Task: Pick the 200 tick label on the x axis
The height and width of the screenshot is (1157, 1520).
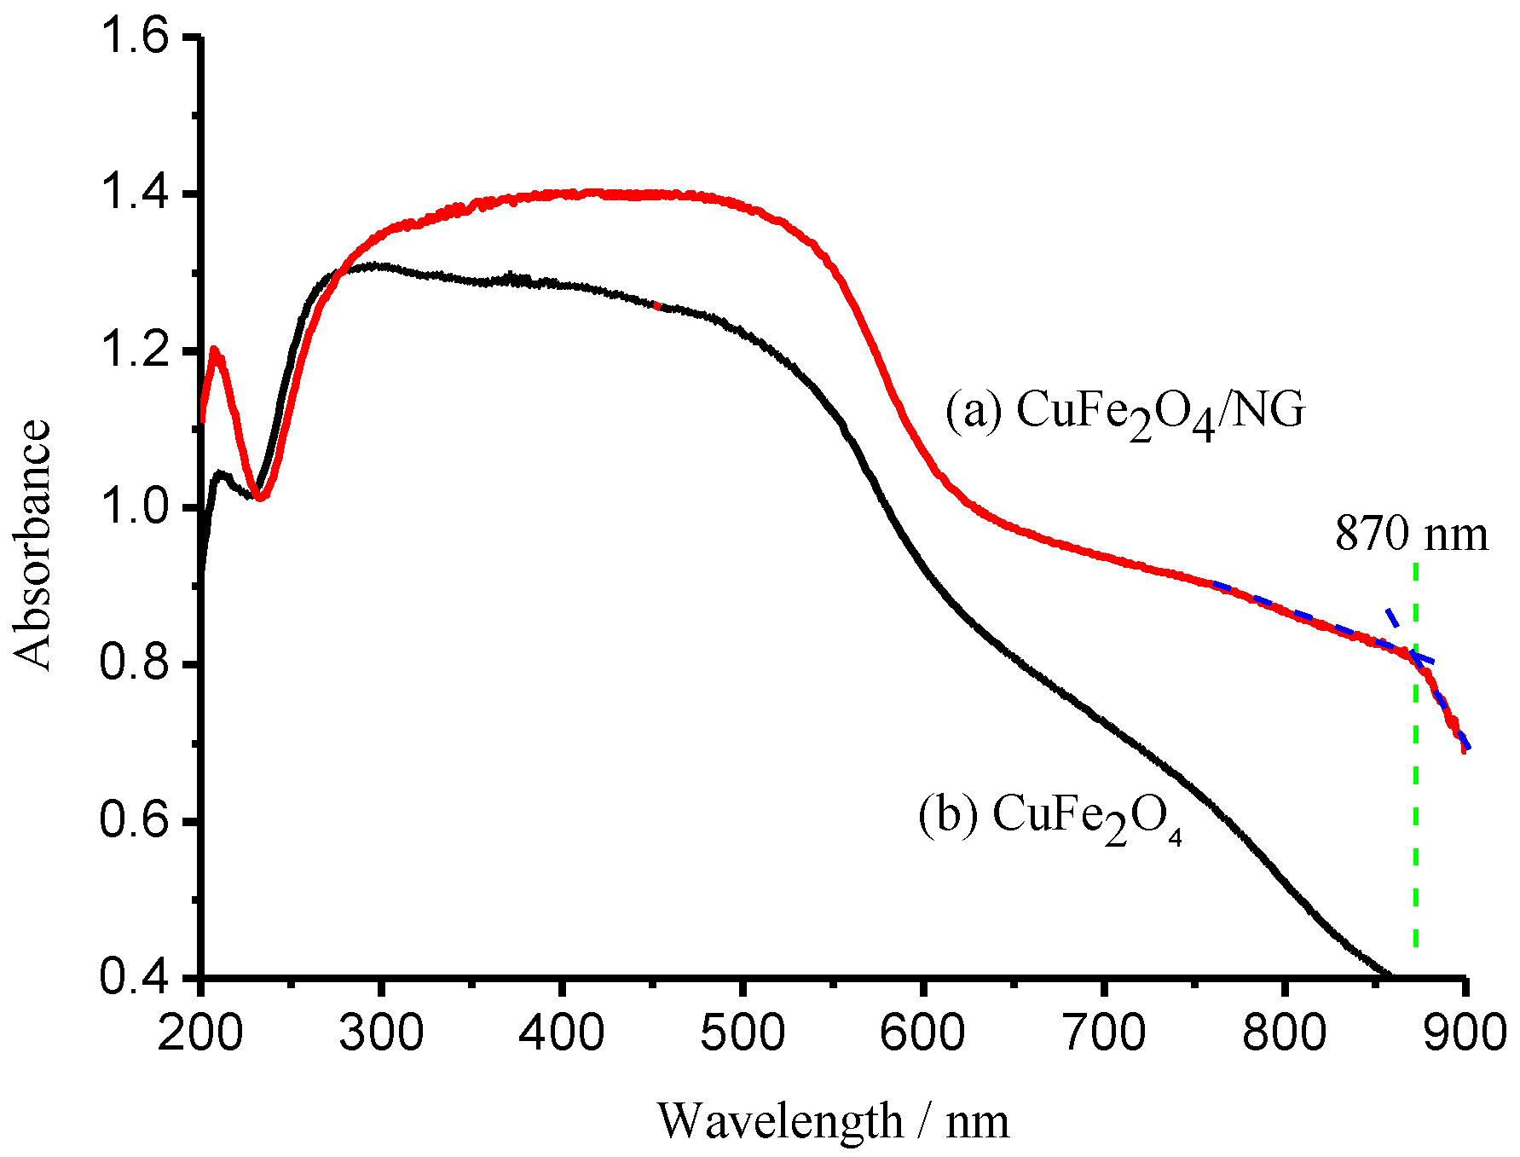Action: click(x=200, y=1033)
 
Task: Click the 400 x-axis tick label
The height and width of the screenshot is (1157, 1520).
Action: click(x=562, y=1033)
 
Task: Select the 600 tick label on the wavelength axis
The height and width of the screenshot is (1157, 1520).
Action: click(x=923, y=1033)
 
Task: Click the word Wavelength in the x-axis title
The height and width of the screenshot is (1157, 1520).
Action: click(x=780, y=1122)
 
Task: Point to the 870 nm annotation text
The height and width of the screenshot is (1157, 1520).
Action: click(x=1411, y=535)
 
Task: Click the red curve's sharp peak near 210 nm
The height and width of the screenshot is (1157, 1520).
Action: click(x=214, y=349)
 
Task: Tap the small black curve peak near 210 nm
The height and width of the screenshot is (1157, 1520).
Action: click(x=220, y=472)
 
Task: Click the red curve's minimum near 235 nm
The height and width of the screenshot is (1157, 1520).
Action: click(x=262, y=498)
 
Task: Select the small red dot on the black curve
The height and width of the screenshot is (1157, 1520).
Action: click(x=656, y=304)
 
